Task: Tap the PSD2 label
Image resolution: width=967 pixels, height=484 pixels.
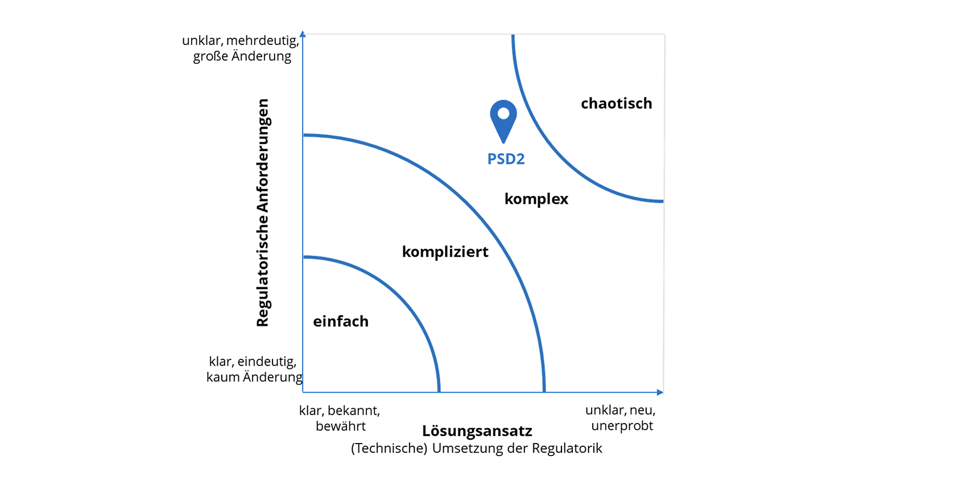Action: click(506, 159)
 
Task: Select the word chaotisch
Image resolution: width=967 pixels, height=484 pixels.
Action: click(617, 104)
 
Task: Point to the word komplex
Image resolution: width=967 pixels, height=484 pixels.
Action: click(536, 199)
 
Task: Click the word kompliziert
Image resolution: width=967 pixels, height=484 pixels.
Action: click(445, 252)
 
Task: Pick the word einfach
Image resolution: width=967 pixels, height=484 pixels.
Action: click(341, 321)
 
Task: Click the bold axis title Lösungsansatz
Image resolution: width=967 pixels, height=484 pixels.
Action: click(477, 431)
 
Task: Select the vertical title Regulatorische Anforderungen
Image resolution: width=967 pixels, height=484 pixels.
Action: click(262, 212)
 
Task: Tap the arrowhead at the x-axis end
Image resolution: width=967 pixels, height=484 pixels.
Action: click(660, 392)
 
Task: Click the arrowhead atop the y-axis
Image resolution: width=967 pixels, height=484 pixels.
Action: click(303, 34)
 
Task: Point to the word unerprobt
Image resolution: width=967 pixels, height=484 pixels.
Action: click(622, 426)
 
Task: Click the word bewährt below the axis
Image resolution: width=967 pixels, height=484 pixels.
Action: click(341, 426)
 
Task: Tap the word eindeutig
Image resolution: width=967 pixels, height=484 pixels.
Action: click(267, 362)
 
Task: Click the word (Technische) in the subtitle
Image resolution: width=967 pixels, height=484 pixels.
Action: click(389, 449)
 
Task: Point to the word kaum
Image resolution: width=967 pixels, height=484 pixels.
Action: click(222, 378)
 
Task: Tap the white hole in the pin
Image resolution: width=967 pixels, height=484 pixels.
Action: click(503, 114)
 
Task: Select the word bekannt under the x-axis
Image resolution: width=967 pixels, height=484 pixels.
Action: click(354, 411)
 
